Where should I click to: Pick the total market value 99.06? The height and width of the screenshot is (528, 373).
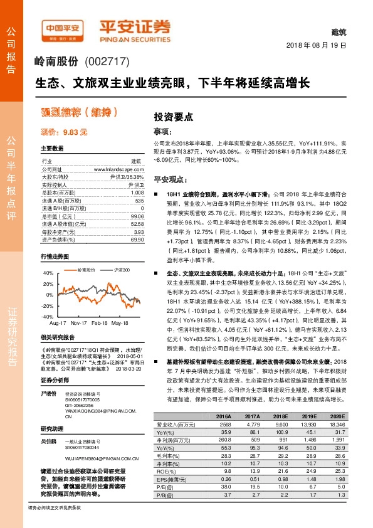click(137, 215)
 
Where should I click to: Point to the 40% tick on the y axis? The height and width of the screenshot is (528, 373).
click(47, 273)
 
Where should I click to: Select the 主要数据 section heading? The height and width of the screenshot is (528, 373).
click(52, 149)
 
